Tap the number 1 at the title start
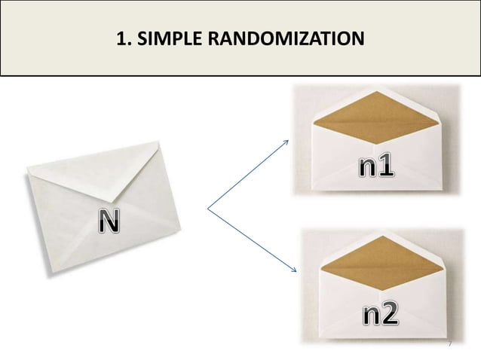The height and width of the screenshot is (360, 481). point(122,37)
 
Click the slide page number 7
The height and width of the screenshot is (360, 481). point(449,345)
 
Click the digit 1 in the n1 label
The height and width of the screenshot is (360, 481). point(386,166)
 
